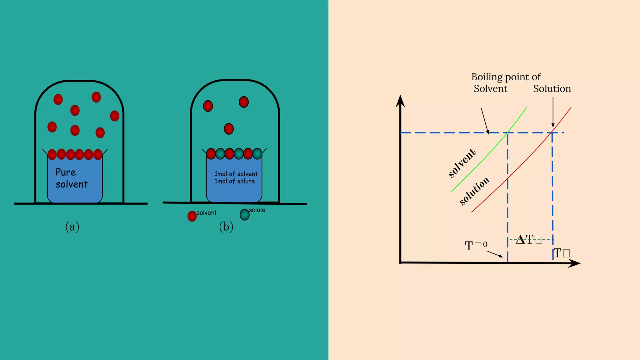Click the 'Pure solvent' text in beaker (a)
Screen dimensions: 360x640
coord(72,178)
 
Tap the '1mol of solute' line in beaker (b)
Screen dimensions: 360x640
coord(234,182)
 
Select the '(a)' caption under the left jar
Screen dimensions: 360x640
coord(72,227)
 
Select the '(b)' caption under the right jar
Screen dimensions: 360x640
coord(226,227)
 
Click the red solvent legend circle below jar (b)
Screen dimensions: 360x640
coord(192,216)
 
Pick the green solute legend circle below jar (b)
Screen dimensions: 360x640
coord(244,215)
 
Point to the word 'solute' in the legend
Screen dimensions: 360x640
coord(257,210)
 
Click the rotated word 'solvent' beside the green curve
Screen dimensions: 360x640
coord(462,163)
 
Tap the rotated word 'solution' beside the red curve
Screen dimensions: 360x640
coord(474,191)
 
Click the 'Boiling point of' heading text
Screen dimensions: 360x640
coord(506,77)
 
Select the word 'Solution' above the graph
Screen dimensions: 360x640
coord(552,89)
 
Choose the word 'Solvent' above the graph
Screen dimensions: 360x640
coord(490,89)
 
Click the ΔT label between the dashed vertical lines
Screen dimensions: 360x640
coord(528,240)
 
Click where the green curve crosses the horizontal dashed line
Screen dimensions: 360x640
coord(507,133)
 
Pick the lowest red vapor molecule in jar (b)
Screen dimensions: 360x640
coord(229,129)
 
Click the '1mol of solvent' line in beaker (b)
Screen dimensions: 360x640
coord(236,174)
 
